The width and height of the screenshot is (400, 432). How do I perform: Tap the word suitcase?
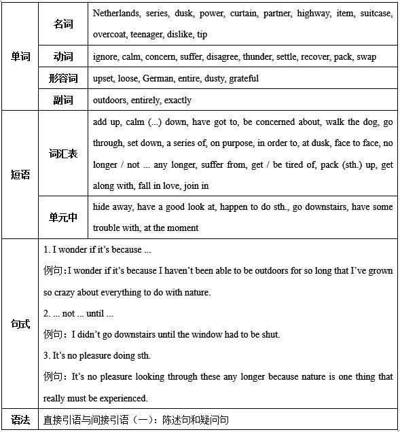(x=376, y=13)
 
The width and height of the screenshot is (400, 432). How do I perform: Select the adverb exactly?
(x=177, y=100)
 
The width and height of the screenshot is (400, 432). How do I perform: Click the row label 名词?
(x=63, y=24)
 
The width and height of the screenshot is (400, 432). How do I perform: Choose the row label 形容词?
(x=63, y=78)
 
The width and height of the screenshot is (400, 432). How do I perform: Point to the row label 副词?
(x=63, y=100)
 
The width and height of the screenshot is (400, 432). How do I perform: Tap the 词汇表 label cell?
(x=63, y=154)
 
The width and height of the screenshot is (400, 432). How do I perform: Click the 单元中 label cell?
(x=63, y=217)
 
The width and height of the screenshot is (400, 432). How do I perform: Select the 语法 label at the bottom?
(x=20, y=420)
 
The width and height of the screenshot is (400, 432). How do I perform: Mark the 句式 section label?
(x=20, y=324)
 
